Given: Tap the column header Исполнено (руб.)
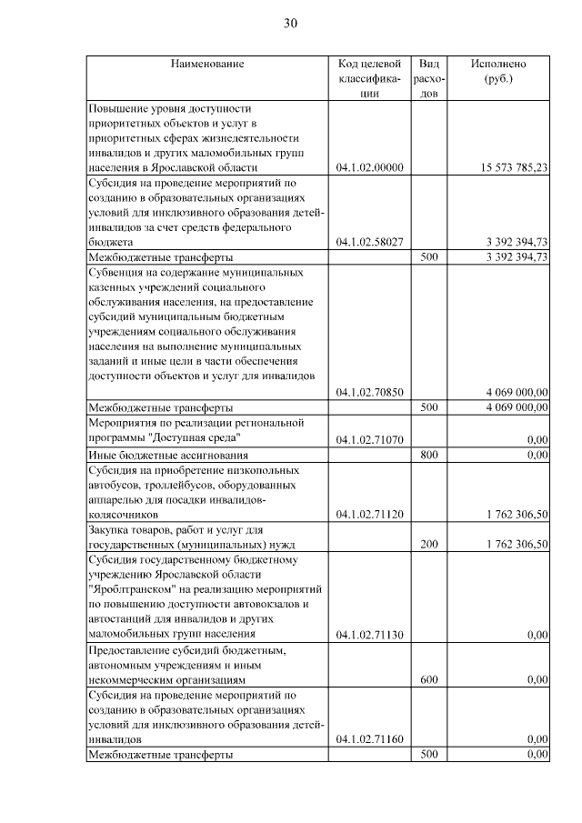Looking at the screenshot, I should point(498,72).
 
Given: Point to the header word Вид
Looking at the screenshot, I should point(429,65).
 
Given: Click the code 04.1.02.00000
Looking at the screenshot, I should point(369,167).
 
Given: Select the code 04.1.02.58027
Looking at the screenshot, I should point(369,242).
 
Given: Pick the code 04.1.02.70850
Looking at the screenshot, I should point(369,392).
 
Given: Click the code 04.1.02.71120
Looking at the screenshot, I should point(369,514).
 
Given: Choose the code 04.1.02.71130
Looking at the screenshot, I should point(369,634).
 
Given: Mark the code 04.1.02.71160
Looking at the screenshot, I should point(369,739).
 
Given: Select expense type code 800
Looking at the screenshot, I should point(429,454).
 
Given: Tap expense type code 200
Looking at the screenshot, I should point(429,544).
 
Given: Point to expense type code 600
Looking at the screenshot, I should point(429,679).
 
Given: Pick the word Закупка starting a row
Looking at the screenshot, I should point(110,529).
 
